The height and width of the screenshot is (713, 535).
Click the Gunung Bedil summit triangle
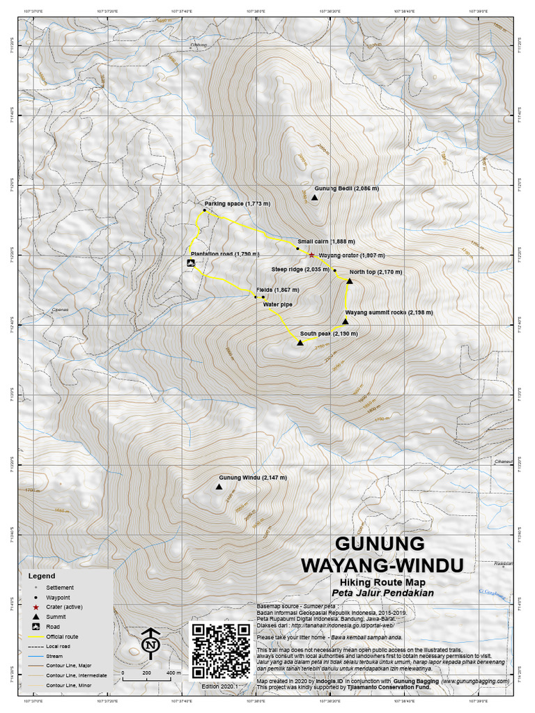coord(314,198)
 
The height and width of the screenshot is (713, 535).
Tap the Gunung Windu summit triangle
coord(219,487)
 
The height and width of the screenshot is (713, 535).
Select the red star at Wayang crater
coord(311,256)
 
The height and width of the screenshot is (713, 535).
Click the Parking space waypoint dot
coord(204,210)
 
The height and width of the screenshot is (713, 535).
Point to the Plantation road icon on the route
coord(191,263)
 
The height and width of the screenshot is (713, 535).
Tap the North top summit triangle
coord(350,281)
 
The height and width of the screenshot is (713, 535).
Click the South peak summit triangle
coord(300,343)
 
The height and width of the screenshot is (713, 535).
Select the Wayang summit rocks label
coord(385,313)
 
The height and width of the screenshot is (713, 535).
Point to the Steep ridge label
coord(300,269)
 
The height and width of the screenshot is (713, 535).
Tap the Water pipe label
coord(277,304)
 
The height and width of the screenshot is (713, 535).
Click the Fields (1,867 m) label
coord(277,290)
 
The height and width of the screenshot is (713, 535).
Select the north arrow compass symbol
coord(150,643)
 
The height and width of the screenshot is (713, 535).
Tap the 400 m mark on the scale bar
coord(171,674)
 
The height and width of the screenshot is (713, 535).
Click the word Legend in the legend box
coord(41,577)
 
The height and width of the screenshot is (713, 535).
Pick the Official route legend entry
coord(62,636)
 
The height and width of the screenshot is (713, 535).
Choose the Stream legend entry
coord(55,656)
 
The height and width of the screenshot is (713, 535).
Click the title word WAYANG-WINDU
coord(381,563)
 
